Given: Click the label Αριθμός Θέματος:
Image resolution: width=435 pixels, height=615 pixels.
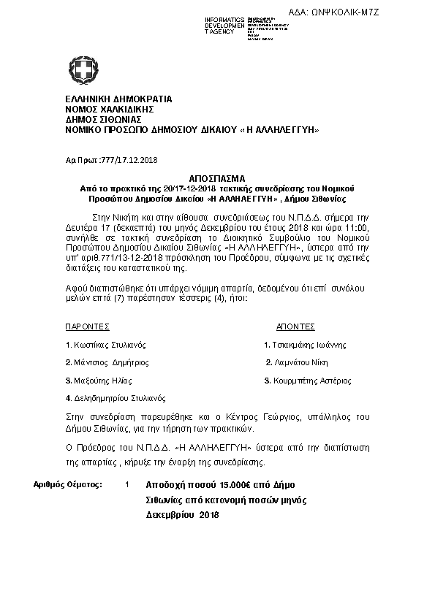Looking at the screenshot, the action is [69, 484].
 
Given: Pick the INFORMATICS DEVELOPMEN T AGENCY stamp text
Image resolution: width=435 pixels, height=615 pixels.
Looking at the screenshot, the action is [225, 25].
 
